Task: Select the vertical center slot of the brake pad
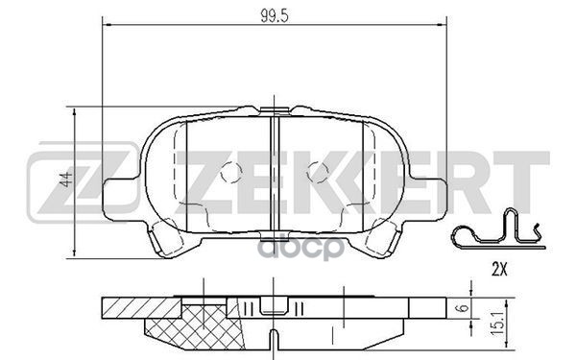coord(275,173)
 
